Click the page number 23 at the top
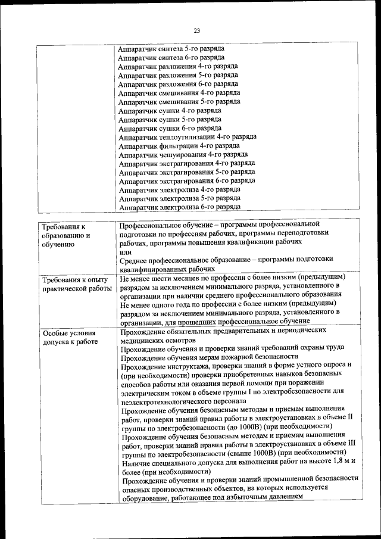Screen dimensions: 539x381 [x=196, y=30]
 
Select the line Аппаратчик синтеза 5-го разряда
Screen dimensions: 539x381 [x=171, y=48]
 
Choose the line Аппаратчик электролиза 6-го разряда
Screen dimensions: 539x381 [x=179, y=207]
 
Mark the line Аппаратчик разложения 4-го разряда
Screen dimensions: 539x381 [x=178, y=66]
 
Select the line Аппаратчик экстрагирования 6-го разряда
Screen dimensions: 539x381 [x=187, y=180]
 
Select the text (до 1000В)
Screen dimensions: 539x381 [x=233, y=426]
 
